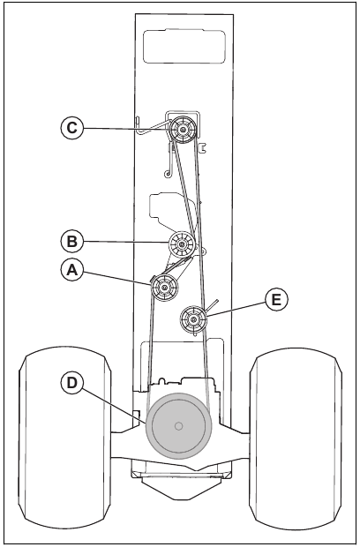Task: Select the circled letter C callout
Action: click(73, 128)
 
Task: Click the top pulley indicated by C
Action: click(183, 131)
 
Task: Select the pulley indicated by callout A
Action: click(165, 287)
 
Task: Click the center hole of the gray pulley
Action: click(179, 426)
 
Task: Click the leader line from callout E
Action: click(238, 308)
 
